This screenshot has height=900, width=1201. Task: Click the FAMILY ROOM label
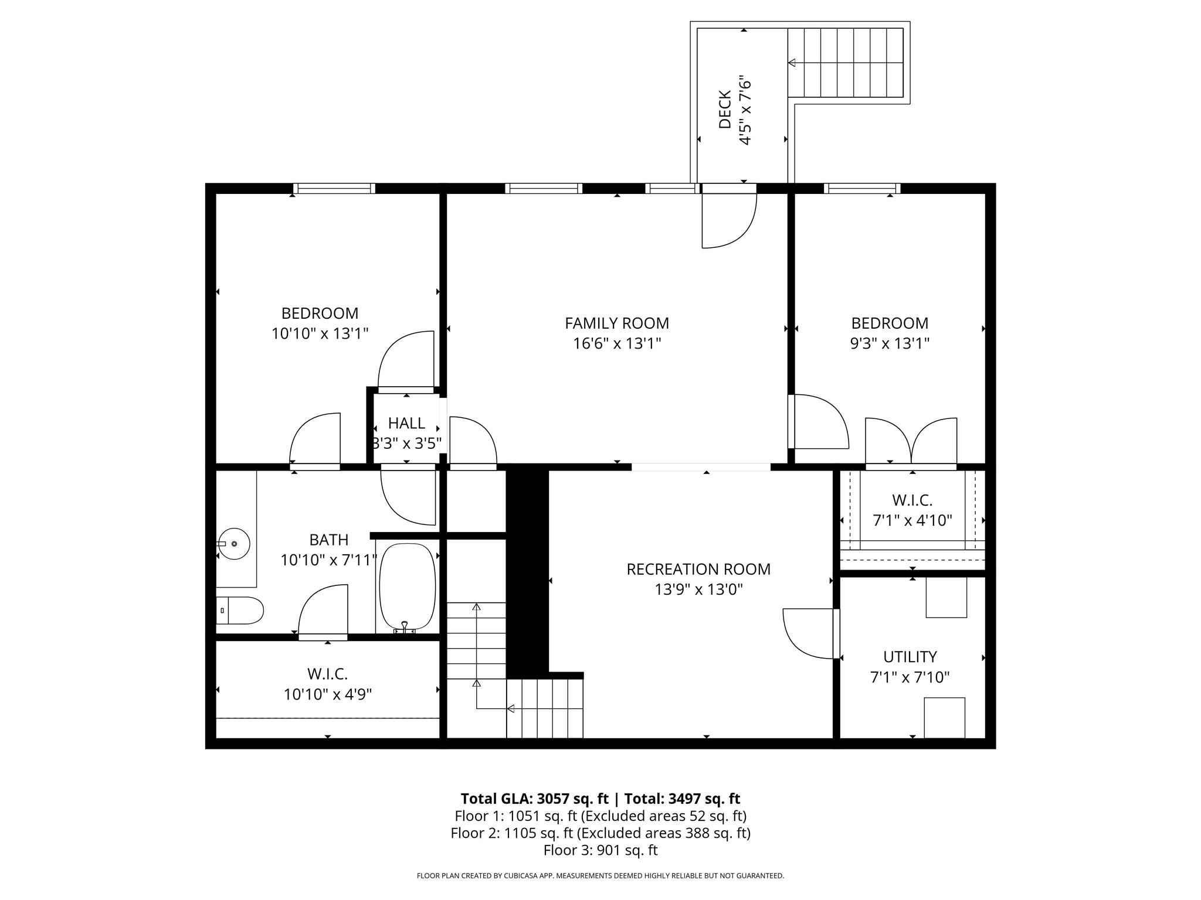point(616,323)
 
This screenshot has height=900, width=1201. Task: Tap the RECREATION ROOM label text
point(698,569)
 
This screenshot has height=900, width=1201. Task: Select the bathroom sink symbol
point(234,544)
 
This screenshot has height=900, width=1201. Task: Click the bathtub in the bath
point(408,587)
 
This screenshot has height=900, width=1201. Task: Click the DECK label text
point(725,110)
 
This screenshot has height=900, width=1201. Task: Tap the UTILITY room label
point(910,656)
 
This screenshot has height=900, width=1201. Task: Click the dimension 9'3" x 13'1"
point(890,343)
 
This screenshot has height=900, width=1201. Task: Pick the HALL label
point(406,423)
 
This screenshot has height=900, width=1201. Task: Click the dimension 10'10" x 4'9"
point(328,694)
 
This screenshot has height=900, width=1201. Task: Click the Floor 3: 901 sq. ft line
point(600,850)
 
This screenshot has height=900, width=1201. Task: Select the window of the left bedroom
point(334,188)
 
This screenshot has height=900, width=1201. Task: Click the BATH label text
point(328,540)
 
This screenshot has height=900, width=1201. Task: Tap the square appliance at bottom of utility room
point(944,717)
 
